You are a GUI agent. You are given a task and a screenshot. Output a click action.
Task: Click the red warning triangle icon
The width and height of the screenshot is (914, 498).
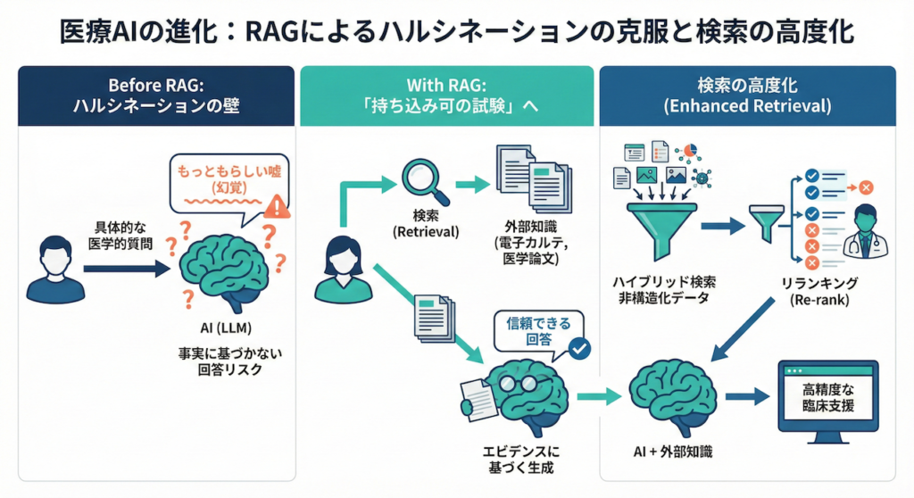278,208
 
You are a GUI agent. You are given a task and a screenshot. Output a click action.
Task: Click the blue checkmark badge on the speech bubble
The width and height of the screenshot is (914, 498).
579,348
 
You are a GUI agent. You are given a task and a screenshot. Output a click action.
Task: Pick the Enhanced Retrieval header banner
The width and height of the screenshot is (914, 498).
747,95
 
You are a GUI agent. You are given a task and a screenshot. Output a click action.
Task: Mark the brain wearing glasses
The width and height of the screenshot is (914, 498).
517,393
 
